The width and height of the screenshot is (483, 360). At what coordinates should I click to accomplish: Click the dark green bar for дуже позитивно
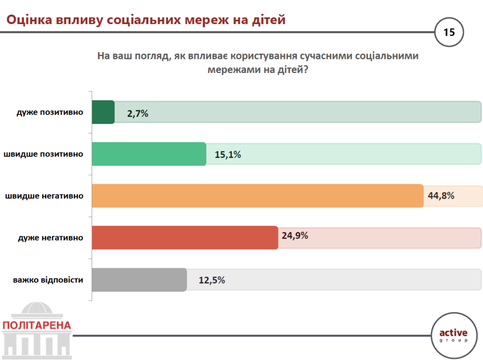click(103, 112)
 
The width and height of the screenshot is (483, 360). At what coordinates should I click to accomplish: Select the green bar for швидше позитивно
click(149, 154)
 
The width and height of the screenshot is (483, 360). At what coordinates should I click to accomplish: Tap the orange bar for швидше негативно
click(258, 196)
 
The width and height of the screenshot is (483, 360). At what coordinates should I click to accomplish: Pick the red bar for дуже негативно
click(184, 237)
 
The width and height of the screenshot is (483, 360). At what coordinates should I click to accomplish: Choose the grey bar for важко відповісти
click(139, 279)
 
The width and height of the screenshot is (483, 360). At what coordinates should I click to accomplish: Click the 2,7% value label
click(138, 113)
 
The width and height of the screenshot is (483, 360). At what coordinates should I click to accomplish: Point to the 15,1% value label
click(227, 154)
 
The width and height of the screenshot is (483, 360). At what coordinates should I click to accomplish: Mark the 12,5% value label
click(212, 280)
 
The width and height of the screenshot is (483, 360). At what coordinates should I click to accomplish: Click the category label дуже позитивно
click(50, 113)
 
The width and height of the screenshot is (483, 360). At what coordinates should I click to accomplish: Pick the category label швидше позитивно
click(44, 154)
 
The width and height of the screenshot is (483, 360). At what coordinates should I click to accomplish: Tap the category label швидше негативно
click(44, 196)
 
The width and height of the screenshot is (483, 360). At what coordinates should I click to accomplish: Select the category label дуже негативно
click(50, 237)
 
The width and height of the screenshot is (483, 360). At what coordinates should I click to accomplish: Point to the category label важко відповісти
click(48, 279)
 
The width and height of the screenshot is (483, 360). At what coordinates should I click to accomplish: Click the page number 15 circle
click(449, 33)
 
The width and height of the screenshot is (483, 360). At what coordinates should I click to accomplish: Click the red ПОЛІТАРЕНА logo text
click(37, 325)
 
